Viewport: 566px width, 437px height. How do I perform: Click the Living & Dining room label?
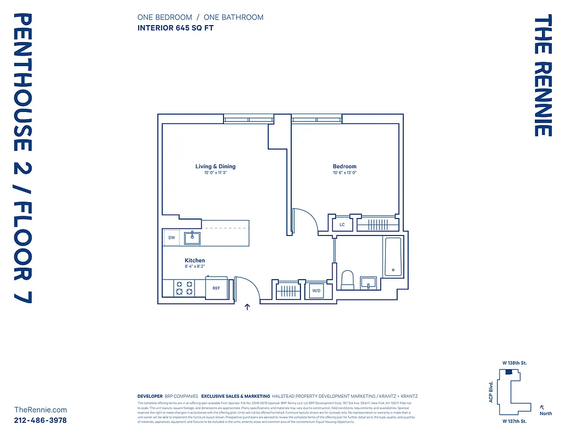pos(215,167)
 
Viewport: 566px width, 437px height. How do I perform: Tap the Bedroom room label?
pos(344,167)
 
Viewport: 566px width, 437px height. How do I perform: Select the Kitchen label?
pos(194,261)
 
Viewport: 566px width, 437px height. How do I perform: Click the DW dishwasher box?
pos(172,238)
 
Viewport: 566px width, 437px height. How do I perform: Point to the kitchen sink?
pos(192,238)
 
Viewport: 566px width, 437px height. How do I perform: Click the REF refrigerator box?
pos(216,288)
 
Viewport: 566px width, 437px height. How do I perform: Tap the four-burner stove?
pos(184,288)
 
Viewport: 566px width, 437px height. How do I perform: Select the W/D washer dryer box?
pos(316,291)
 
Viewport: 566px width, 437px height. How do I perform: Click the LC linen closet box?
pos(342,225)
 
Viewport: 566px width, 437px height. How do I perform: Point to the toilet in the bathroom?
pos(347,281)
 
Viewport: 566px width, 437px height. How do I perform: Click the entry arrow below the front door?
pos(247,307)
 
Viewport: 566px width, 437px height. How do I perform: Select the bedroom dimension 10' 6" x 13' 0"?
pos(344,173)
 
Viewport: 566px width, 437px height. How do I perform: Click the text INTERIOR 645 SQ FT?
pos(175,28)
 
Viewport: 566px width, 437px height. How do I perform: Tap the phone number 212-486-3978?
pos(40,420)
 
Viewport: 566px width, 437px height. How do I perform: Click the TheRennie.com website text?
pos(40,410)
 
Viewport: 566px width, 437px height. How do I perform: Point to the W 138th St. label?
pos(514,363)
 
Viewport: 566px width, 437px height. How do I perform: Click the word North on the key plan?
pos(546,414)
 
